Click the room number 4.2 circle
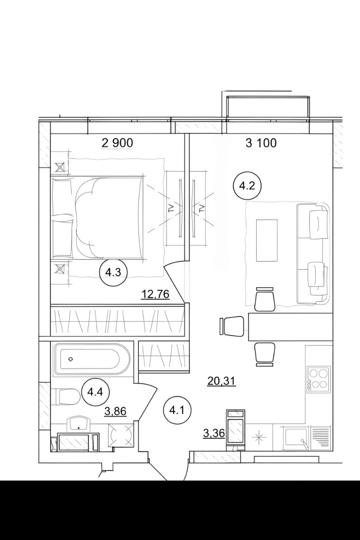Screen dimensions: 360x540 coord(247,186)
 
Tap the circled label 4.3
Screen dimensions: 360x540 coord(113,273)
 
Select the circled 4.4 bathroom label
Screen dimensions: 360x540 coord(95,392)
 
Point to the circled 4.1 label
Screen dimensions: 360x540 coord(177,410)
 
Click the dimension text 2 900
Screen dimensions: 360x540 coord(117,143)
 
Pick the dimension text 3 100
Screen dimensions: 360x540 coord(261,143)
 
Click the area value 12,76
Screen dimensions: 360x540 coord(156,294)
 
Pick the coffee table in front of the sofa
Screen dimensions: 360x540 coord(267,240)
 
